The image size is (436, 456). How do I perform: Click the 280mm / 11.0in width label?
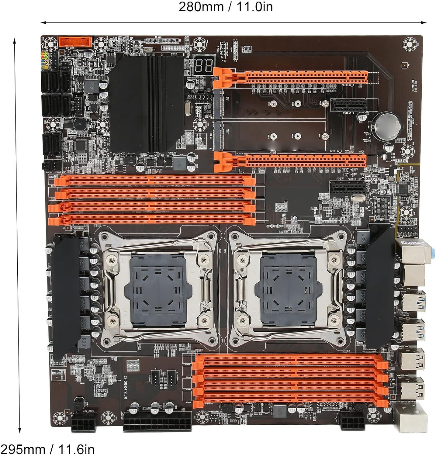click(225, 7)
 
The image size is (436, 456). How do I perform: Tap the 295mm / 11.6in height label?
click(47, 449)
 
